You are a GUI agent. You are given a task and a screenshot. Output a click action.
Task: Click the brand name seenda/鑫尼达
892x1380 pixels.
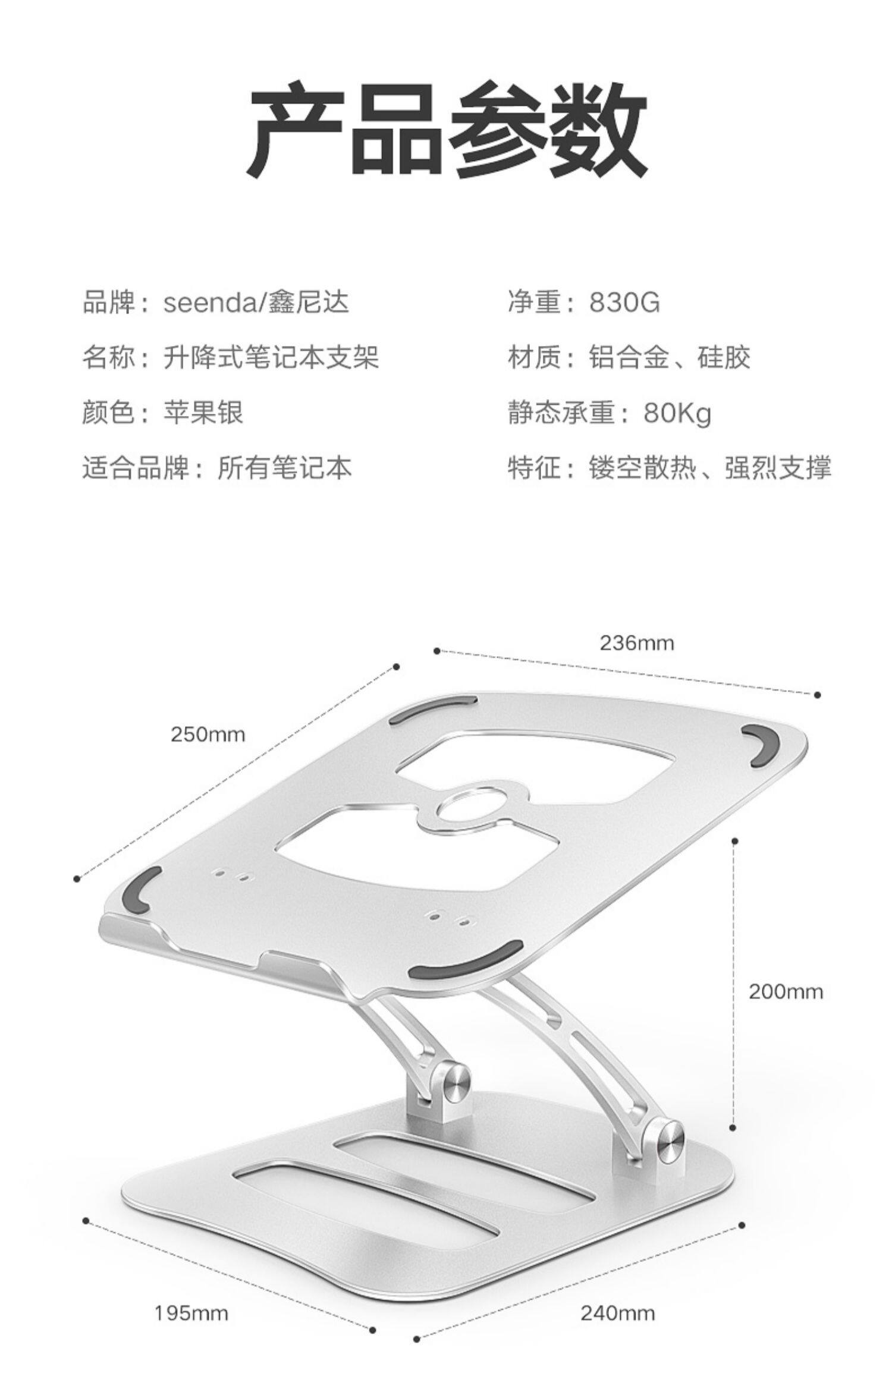(256, 302)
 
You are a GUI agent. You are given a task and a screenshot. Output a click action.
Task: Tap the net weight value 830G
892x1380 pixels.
(624, 302)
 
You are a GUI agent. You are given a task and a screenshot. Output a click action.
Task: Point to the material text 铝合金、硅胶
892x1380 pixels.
(670, 357)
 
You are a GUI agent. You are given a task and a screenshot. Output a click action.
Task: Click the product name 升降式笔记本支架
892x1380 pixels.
(271, 357)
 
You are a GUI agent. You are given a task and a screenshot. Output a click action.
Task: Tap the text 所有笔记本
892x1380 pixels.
(284, 468)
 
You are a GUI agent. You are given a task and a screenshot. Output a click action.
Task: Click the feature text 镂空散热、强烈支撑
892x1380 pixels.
(710, 468)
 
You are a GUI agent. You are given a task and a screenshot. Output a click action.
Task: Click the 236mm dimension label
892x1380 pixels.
(636, 643)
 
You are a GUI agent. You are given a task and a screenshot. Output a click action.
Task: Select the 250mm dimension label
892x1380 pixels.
(208, 735)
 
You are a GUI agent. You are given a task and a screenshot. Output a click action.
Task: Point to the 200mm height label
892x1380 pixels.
(786, 991)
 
